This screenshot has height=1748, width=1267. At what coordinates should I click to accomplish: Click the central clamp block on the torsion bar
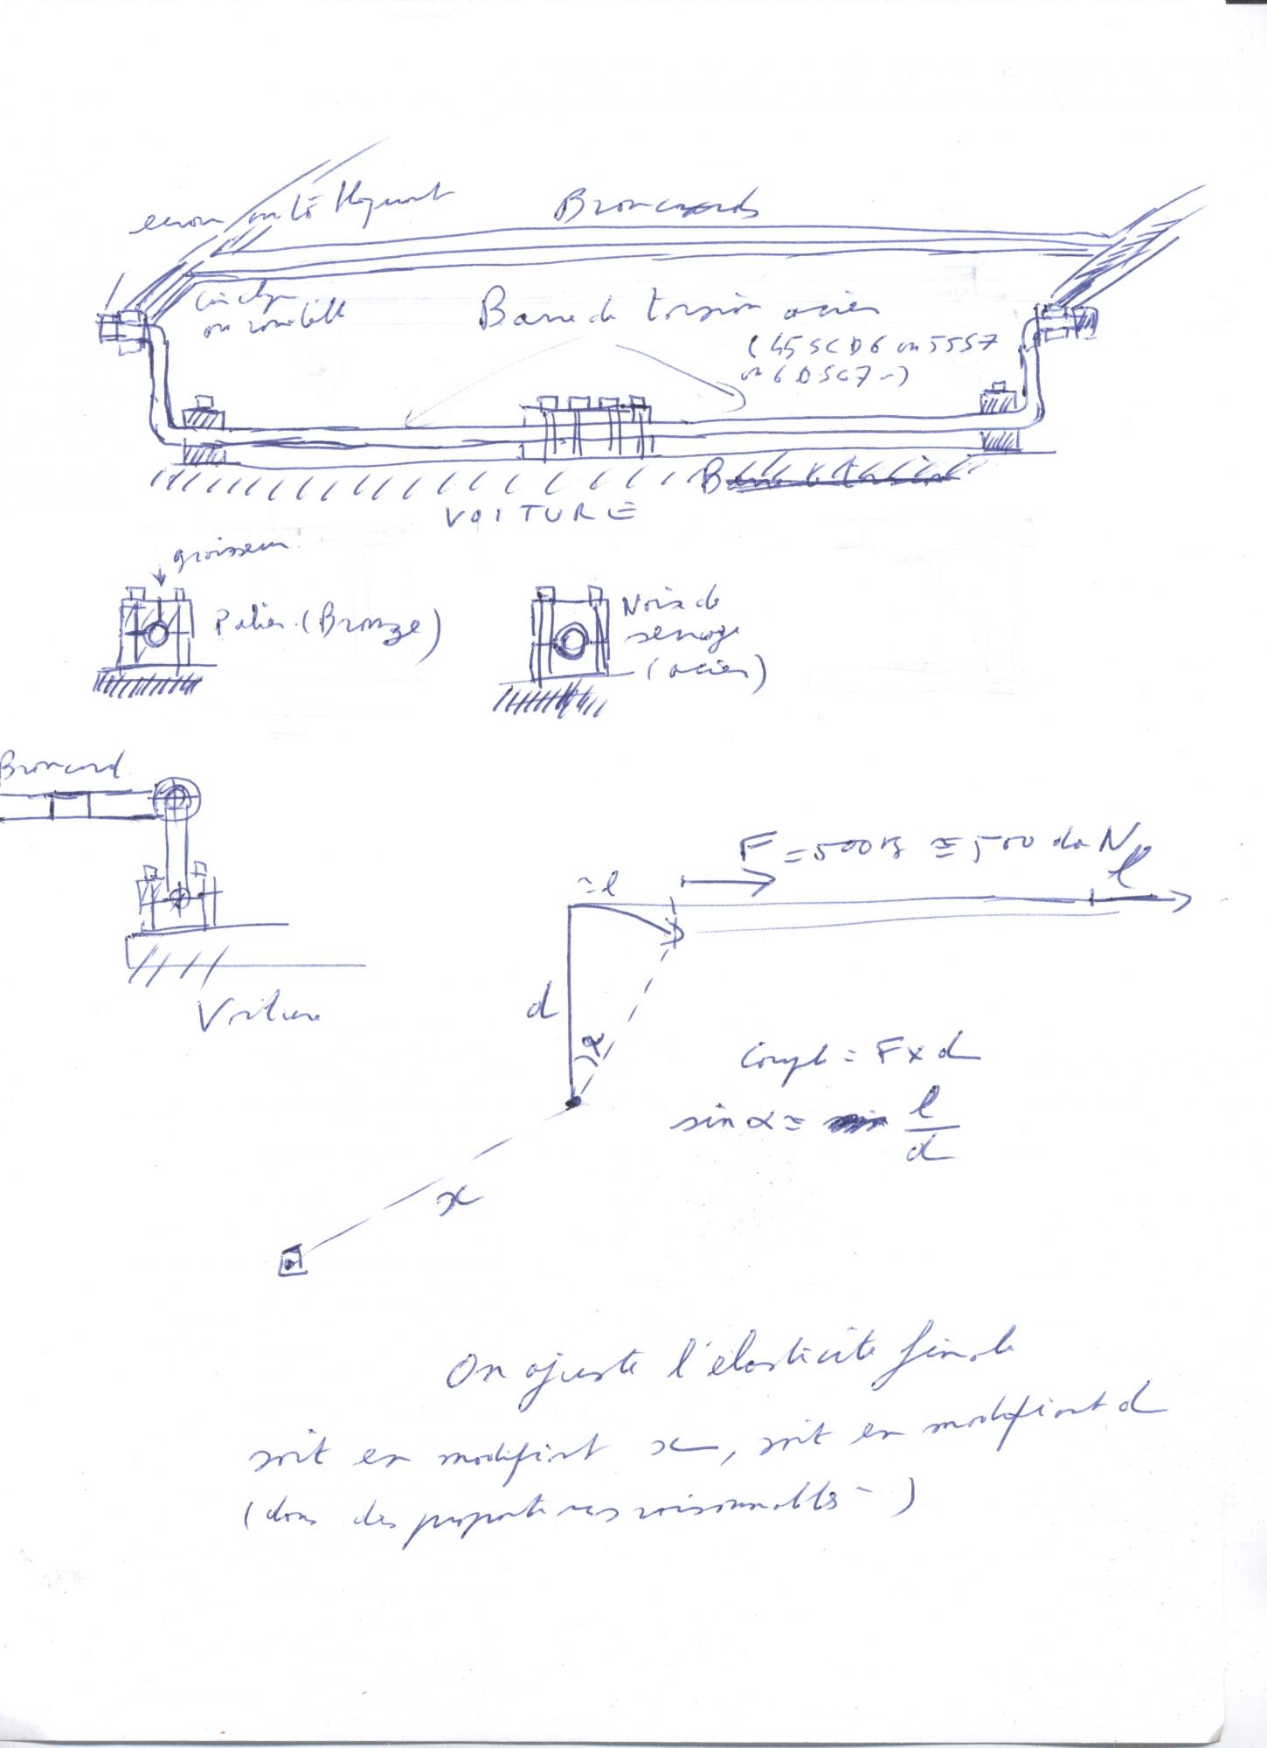(x=587, y=430)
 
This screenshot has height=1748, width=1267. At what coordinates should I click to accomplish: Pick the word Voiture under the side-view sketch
(x=259, y=1013)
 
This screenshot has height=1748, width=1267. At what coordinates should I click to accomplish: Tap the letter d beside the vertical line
(x=541, y=1009)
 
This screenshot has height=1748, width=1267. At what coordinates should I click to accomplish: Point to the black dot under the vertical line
(x=573, y=1103)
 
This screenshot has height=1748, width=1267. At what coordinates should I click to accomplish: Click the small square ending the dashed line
(x=292, y=1260)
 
